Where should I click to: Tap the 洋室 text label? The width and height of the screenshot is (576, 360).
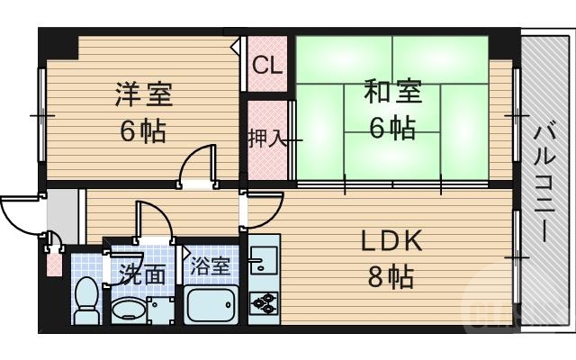coord(143,93)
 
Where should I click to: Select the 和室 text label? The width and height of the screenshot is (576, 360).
coord(391,92)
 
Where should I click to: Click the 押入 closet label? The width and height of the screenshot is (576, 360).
coord(266,139)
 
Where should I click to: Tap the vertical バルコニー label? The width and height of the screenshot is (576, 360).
coord(543,180)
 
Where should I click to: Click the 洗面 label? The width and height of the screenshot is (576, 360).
coord(144,274)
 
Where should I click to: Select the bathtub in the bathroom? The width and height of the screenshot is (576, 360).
coord(211,305)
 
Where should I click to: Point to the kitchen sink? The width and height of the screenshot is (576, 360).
coord(263,262)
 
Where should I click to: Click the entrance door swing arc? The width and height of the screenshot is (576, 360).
coord(20,213)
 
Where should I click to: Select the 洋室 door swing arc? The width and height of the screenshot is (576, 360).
coord(196,164)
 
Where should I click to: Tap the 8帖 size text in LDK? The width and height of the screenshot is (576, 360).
coord(391,277)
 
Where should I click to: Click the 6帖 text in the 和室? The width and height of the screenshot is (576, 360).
coord(391,128)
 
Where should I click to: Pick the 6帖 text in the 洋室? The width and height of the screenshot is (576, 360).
coord(143,131)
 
